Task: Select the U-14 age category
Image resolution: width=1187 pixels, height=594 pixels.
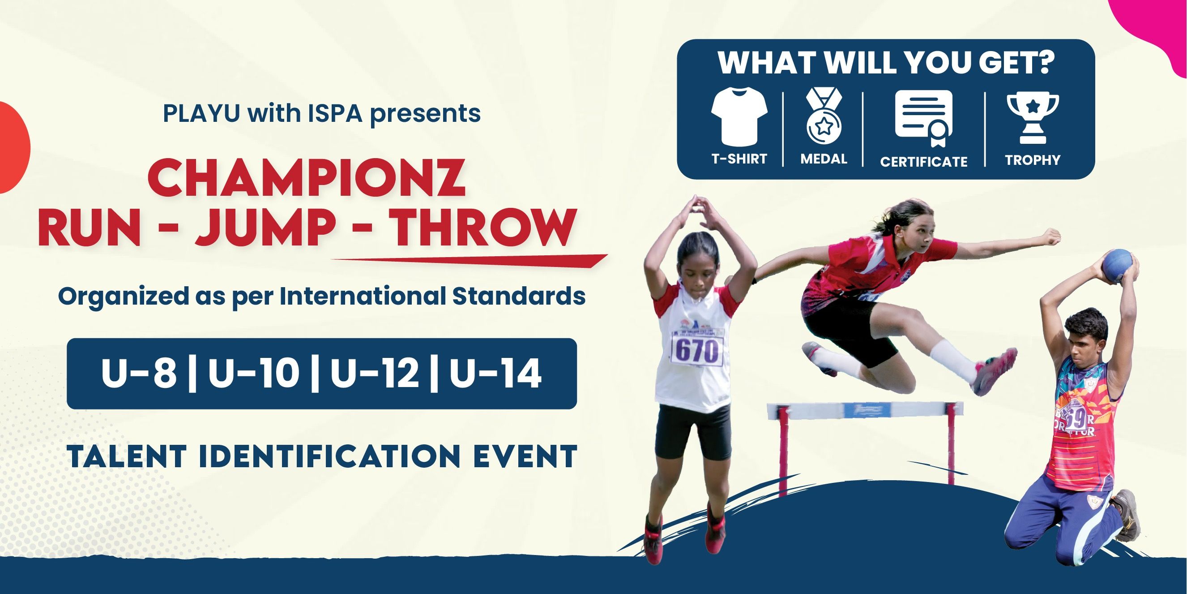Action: [495, 373]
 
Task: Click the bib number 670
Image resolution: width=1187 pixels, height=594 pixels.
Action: [697, 351]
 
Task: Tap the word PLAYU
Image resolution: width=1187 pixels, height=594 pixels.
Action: [201, 113]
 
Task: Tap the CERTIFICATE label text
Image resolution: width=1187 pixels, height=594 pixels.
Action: [923, 162]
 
